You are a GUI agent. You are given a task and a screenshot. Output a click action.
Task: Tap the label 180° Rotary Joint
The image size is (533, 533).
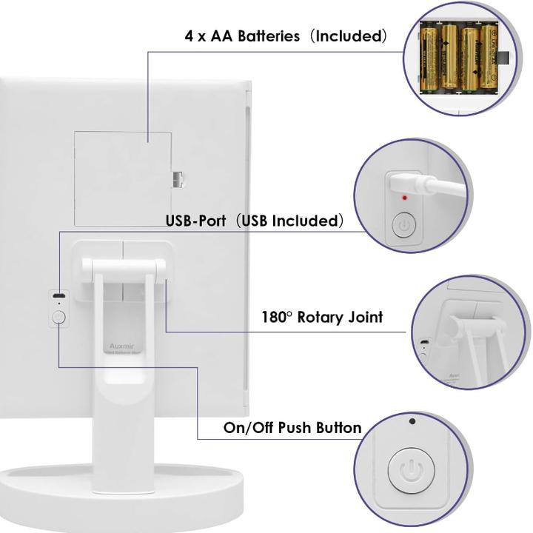click(322, 317)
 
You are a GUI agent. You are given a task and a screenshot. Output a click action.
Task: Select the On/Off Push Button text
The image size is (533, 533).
click(292, 428)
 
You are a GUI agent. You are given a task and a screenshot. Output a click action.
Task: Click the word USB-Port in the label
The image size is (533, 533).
click(193, 221)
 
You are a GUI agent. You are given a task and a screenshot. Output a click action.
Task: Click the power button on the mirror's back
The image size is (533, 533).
click(58, 318)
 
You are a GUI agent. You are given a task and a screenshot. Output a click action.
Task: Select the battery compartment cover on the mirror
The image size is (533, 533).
click(122, 179)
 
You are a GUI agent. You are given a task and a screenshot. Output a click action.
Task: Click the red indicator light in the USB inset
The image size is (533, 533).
click(404, 198)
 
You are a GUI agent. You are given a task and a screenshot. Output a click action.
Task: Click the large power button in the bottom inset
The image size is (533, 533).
click(408, 469)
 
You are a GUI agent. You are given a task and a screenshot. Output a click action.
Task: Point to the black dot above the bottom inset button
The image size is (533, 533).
click(412, 422)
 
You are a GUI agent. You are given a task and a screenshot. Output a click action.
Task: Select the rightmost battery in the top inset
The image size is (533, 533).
click(488, 59)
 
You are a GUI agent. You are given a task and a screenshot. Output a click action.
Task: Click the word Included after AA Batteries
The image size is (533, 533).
click(350, 36)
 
